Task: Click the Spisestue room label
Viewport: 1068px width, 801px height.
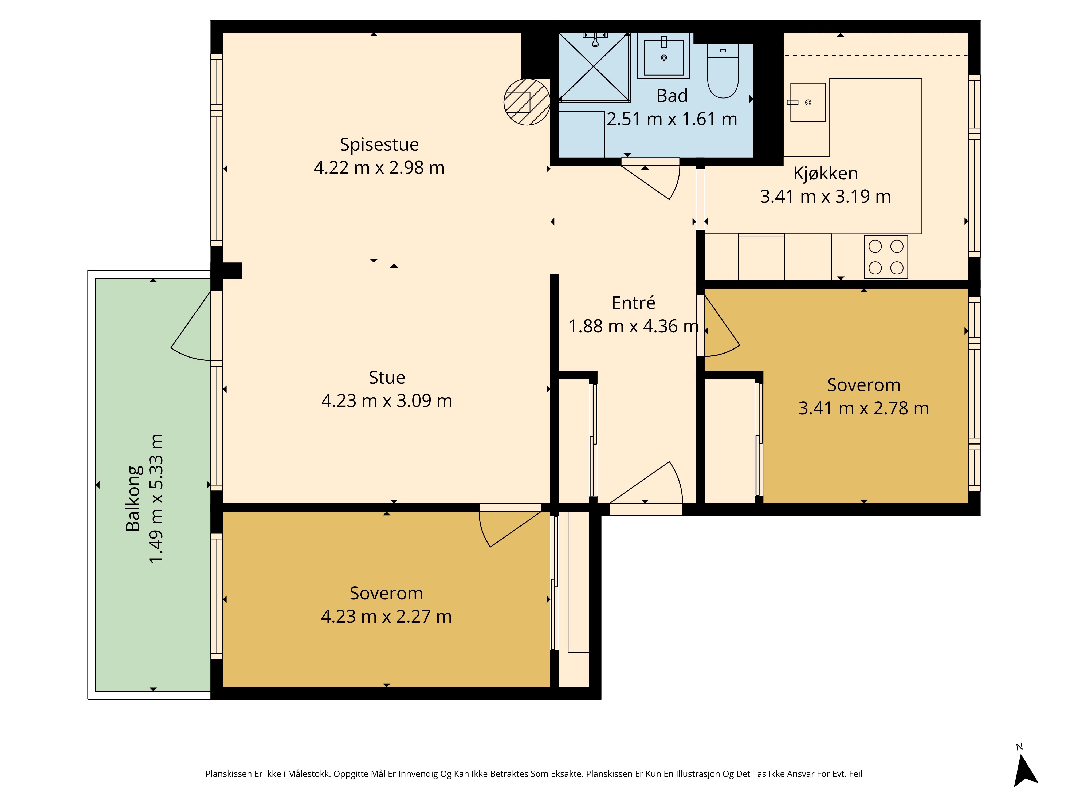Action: click(x=379, y=144)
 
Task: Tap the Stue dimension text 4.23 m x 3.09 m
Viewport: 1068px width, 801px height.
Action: click(x=387, y=401)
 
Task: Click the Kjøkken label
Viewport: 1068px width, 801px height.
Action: click(x=826, y=173)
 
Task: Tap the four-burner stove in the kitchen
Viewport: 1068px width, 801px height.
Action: click(x=886, y=257)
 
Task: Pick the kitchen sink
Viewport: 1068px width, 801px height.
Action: click(x=808, y=102)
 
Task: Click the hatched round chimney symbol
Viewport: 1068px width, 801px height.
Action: click(x=527, y=102)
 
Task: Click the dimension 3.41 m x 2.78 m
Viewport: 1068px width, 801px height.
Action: click(x=864, y=409)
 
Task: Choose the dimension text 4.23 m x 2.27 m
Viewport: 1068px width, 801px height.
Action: click(x=386, y=617)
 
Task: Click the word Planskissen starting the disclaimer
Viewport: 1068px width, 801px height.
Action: click(x=229, y=774)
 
